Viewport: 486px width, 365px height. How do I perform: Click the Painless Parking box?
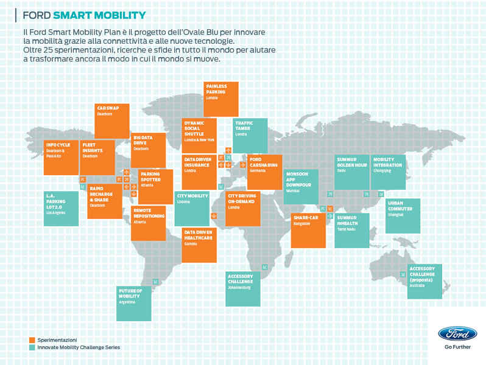coord(221,99)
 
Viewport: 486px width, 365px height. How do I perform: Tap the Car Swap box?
coord(113,121)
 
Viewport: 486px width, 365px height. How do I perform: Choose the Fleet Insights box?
coord(97,157)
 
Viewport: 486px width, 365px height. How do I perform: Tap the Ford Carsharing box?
coord(264,172)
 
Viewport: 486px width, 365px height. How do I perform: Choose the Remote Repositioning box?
coord(148,223)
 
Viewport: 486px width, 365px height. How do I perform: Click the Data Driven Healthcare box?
coord(199,245)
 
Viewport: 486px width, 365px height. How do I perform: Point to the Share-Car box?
coord(308,230)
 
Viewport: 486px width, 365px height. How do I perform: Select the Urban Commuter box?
coord(402,215)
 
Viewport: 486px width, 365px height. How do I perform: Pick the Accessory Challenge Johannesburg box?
coord(243,288)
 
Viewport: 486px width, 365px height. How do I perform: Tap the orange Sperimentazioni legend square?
coord(32,339)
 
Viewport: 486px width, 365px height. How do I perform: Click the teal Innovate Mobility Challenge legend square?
coord(32,347)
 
